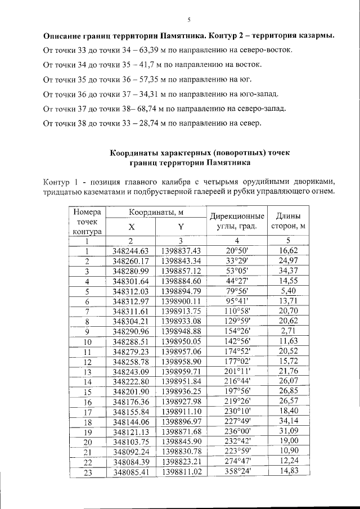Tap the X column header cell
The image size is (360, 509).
point(131,227)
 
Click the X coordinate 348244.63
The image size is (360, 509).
point(131,250)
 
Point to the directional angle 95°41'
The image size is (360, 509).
point(237,301)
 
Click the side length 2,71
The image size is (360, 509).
point(289,331)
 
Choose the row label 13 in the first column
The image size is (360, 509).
point(87,372)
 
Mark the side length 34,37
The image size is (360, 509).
point(289,271)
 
